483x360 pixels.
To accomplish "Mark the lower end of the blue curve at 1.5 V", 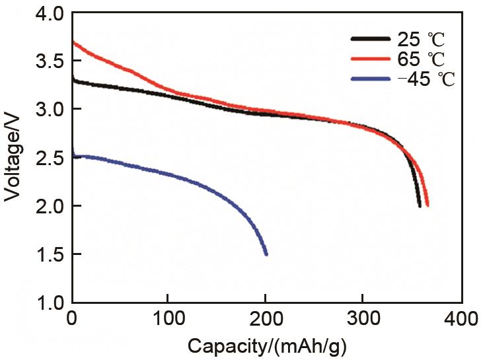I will tap(266, 254).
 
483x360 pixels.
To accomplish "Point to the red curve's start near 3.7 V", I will tap(73, 42).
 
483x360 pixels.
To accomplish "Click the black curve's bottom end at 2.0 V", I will tap(420, 205).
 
